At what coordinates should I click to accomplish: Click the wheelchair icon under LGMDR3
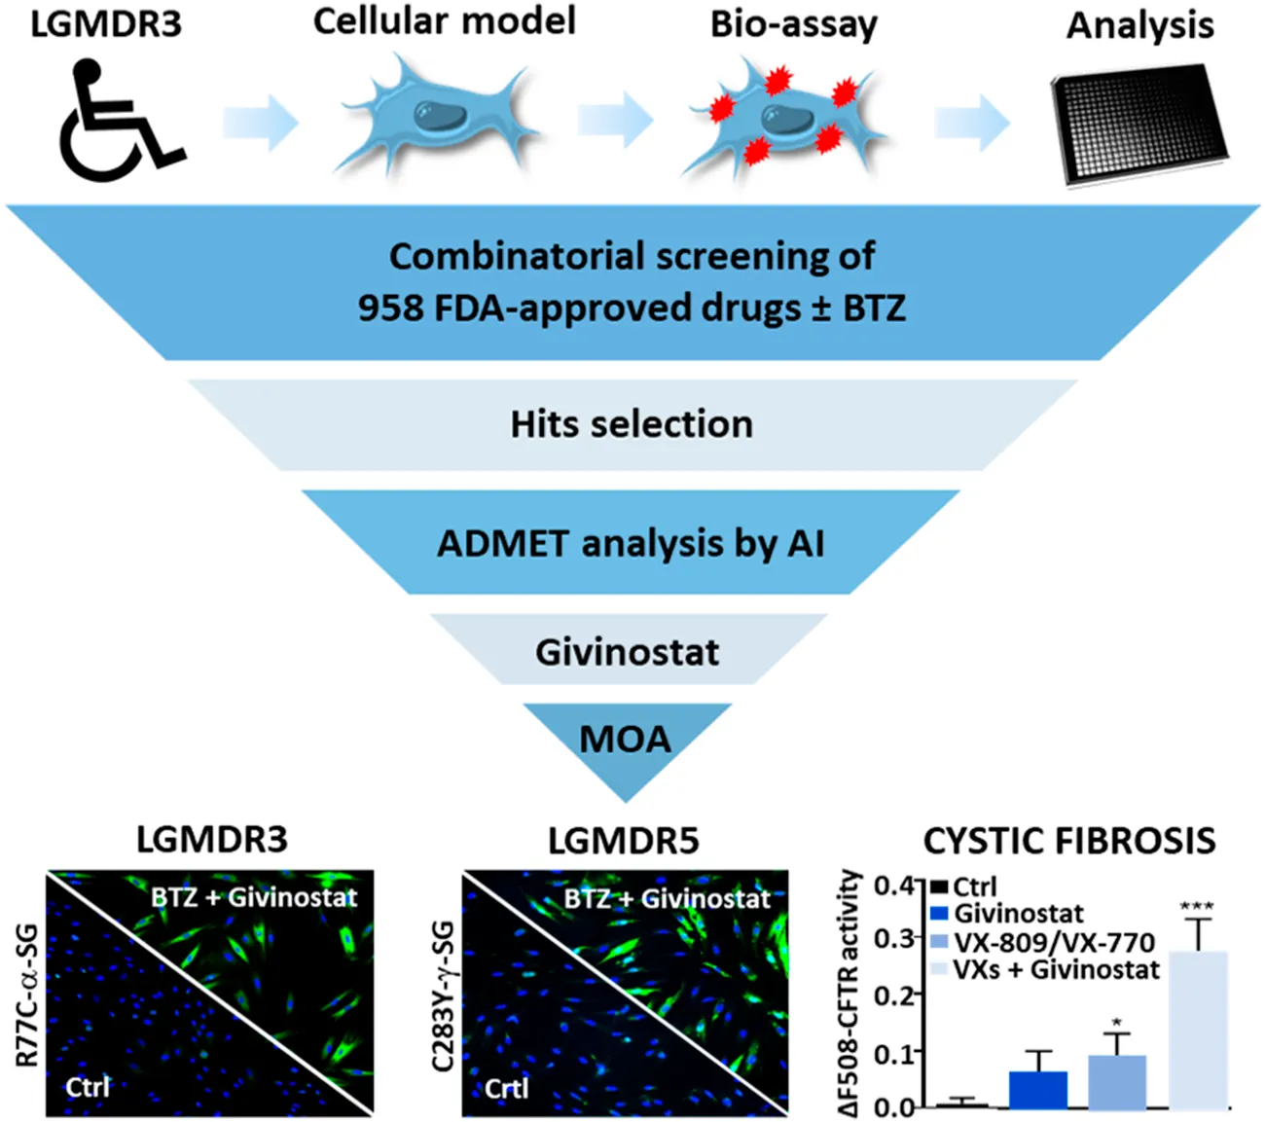[x=119, y=122]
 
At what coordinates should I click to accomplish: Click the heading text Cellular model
[x=444, y=21]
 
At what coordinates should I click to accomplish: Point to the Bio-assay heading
[x=793, y=24]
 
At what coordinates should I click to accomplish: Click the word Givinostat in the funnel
[x=628, y=651]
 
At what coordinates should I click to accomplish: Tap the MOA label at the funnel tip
[x=626, y=740]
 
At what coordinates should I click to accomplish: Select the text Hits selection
[x=632, y=424]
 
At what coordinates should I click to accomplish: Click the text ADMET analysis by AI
[x=631, y=543]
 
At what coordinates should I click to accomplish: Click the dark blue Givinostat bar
[x=1038, y=1089]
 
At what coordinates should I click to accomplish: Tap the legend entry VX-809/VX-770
[x=1054, y=942]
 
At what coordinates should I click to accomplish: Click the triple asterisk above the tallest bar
[x=1197, y=907]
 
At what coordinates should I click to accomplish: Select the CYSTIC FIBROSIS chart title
[x=1069, y=841]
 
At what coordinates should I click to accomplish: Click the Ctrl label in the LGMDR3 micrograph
[x=88, y=1086]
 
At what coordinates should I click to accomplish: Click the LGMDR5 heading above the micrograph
[x=623, y=841]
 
